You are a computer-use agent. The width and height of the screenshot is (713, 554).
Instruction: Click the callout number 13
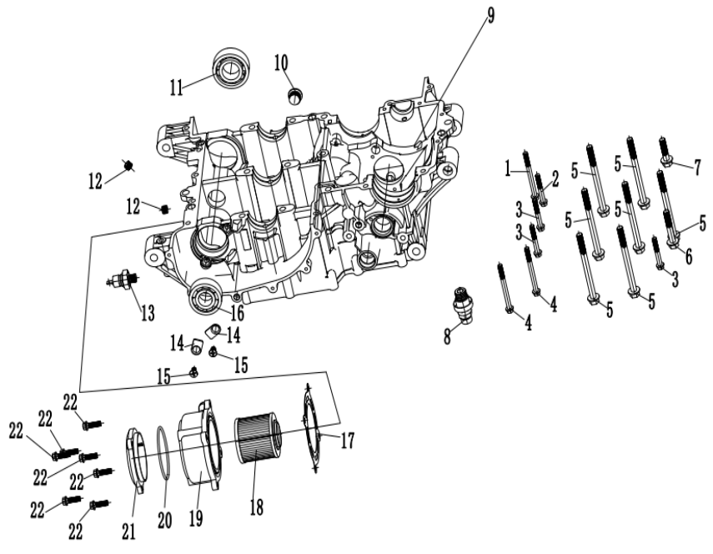pos(147,313)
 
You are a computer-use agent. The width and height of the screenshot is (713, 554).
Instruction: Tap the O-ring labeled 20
pos(165,458)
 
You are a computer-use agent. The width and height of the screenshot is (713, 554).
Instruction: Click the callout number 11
pos(177,86)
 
